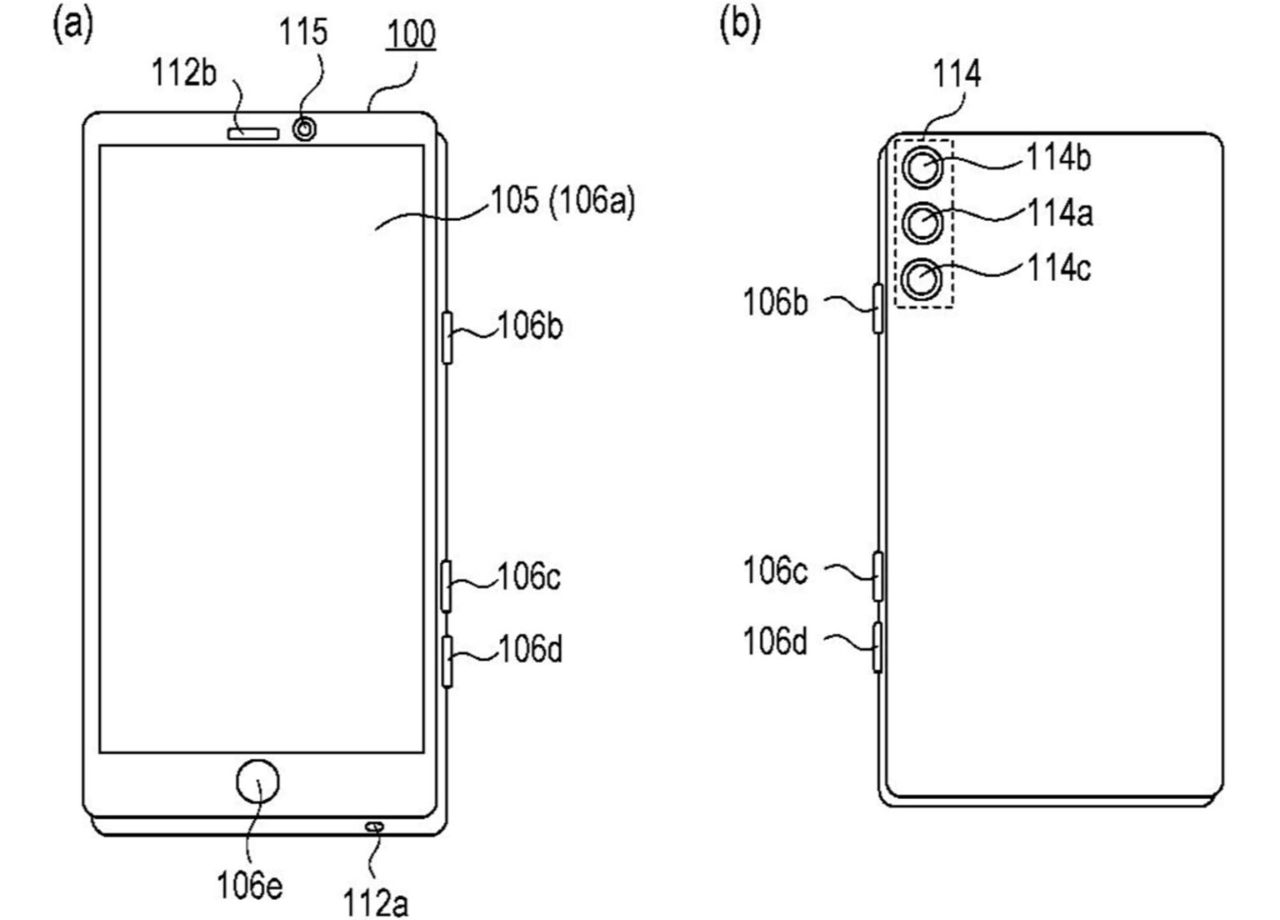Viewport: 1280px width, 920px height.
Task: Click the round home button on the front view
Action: click(257, 782)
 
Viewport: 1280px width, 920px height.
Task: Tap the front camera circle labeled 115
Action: click(305, 129)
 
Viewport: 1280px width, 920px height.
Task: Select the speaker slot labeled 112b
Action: click(252, 132)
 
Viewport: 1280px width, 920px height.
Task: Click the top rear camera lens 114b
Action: click(923, 168)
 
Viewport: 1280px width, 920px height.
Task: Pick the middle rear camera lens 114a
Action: click(923, 223)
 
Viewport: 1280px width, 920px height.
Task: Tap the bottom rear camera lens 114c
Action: click(923, 279)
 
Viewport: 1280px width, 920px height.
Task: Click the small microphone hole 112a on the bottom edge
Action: click(374, 827)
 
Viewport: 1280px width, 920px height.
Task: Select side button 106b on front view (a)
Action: click(447, 337)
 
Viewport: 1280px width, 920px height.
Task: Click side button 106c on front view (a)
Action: click(447, 586)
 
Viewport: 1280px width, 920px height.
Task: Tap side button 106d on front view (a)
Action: click(447, 661)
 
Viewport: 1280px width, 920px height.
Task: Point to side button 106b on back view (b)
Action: click(877, 308)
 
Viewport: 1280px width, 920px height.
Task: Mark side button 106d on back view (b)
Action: click(877, 647)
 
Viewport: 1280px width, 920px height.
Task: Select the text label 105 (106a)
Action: click(562, 201)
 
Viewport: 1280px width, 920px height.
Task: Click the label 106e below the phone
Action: click(249, 885)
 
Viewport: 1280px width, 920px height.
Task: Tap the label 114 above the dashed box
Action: click(957, 74)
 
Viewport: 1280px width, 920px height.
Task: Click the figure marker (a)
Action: click(73, 24)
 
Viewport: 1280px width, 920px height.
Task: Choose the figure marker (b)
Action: click(740, 24)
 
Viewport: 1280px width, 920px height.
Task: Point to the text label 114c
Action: click(1058, 269)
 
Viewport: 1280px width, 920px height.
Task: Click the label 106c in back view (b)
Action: click(775, 571)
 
